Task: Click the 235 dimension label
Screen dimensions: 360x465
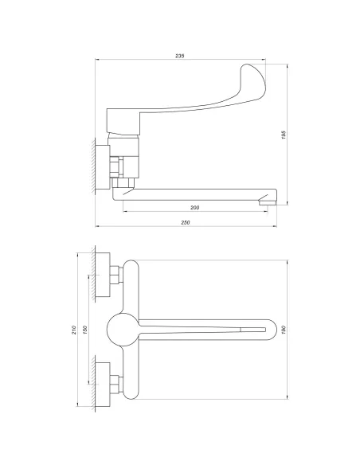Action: [180, 56]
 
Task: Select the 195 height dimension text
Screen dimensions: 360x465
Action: [284, 135]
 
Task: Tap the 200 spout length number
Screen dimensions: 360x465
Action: [194, 208]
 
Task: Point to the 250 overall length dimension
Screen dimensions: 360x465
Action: [186, 222]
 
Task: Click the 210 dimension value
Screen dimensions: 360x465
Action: [74, 330]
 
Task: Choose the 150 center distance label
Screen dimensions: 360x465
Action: [84, 329]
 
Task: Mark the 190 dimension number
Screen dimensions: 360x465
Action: [284, 330]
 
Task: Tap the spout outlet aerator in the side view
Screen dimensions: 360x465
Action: [268, 202]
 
